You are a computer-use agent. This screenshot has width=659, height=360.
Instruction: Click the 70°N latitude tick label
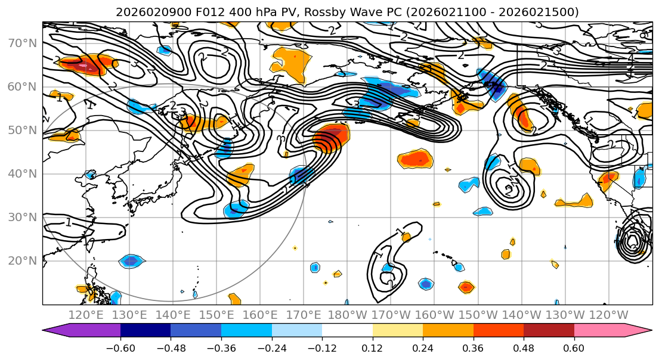pos(21,44)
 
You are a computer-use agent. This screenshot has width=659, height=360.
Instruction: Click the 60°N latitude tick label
pos(21,87)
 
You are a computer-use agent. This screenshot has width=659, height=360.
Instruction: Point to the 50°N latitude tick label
pos(21,131)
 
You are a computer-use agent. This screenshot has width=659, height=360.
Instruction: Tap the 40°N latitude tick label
pos(21,174)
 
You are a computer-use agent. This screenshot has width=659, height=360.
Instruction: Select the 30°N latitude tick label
pos(21,218)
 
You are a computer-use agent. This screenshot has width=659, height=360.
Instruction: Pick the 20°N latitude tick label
pos(21,261)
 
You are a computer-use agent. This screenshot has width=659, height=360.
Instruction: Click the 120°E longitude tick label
pos(86,314)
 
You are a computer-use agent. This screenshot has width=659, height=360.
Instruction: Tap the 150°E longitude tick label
pos(217,314)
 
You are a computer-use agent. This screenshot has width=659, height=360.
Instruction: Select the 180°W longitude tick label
pos(348,314)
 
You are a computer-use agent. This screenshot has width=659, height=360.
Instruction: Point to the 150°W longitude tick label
pos(478,314)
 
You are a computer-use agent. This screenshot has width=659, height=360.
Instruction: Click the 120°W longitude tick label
pos(609,314)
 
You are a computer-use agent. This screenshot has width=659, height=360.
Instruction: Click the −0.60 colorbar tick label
pos(120,347)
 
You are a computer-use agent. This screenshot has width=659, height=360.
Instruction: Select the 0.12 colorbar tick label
pos(373,347)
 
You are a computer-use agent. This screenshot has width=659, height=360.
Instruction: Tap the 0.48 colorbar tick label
pos(524,347)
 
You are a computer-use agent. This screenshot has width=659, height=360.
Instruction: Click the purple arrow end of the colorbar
pos(57,331)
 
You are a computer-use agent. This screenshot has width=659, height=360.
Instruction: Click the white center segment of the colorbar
pos(347,331)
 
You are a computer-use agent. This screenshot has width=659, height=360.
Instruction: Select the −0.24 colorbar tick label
pos(271,347)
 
